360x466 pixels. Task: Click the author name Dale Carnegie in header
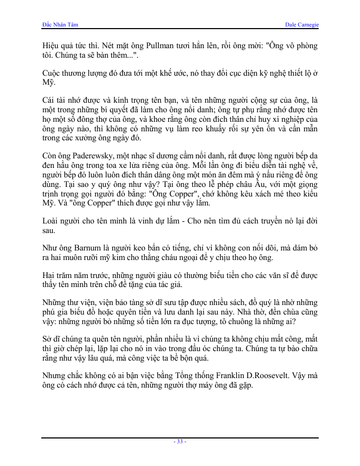click(302, 24)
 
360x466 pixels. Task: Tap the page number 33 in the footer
click(180, 441)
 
